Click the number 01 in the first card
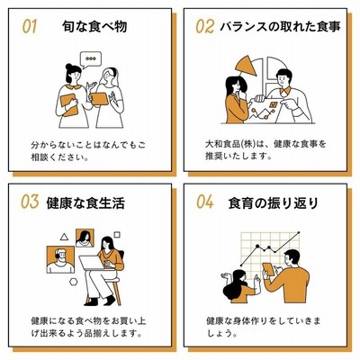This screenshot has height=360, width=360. pyautogui.click(x=30, y=26)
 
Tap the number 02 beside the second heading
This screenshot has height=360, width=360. pyautogui.click(x=205, y=26)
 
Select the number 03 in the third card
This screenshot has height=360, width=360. pyautogui.click(x=30, y=202)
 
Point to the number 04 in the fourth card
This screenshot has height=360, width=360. pyautogui.click(x=205, y=202)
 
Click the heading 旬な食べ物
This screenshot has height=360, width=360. pyautogui.click(x=94, y=26)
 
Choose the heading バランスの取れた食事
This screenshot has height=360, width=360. pyautogui.click(x=280, y=26)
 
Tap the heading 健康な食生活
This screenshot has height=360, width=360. pyautogui.click(x=85, y=202)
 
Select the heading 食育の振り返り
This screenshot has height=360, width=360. pyautogui.click(x=273, y=202)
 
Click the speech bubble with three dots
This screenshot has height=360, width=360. pyautogui.click(x=91, y=59)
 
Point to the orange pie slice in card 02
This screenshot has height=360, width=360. pyautogui.click(x=246, y=67)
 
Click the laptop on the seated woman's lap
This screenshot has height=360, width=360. pyautogui.click(x=93, y=263)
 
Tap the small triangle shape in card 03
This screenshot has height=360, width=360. pyautogui.click(x=64, y=237)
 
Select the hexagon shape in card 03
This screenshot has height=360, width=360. pyautogui.click(x=74, y=282)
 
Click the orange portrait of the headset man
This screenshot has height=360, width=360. pyautogui.click(x=60, y=259)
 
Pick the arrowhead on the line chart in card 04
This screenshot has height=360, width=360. pyautogui.click(x=298, y=233)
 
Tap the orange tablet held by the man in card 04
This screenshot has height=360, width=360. pyautogui.click(x=268, y=269)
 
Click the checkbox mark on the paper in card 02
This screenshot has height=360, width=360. pyautogui.click(x=274, y=104)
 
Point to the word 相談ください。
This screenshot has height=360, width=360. pyautogui.click(x=60, y=157)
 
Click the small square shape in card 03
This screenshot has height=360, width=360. pyautogui.click(x=117, y=234)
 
